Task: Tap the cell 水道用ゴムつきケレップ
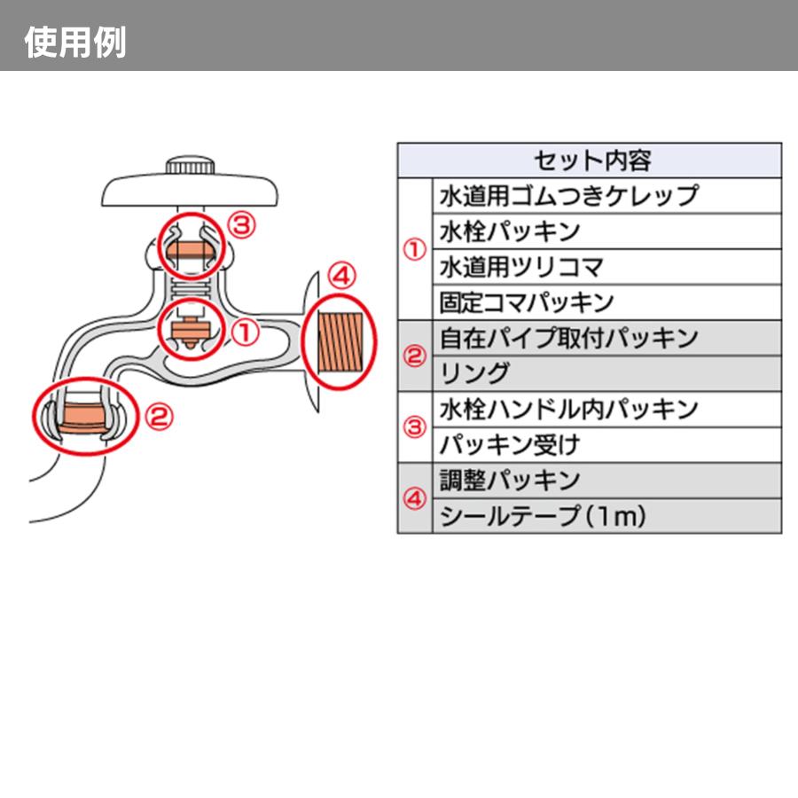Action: [569, 196]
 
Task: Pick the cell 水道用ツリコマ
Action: [521, 267]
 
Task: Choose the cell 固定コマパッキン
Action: [527, 302]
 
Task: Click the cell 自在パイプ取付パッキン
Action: [569, 338]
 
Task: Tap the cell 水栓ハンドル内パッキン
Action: [569, 409]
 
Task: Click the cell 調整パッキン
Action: [510, 480]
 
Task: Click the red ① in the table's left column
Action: [414, 249]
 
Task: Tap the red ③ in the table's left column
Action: [414, 426]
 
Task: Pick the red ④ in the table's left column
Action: [414, 497]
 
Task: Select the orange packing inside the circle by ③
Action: [188, 247]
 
